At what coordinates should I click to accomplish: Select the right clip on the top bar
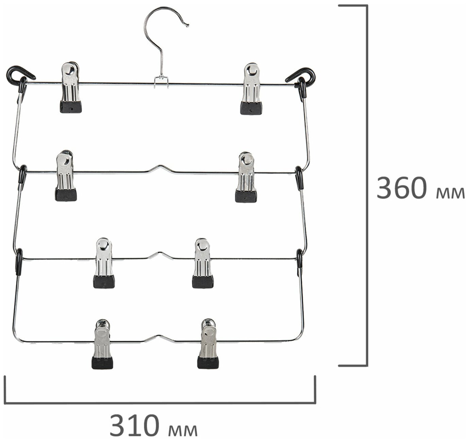pyautogui.click(x=251, y=88)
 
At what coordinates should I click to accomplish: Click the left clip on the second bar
pyautogui.click(x=66, y=176)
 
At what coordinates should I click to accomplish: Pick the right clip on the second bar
pyautogui.click(x=246, y=177)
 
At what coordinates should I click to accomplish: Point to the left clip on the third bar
pyautogui.click(x=104, y=263)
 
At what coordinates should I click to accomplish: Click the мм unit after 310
pyautogui.click(x=183, y=429)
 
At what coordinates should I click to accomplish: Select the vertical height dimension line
pyautogui.click(x=366, y=185)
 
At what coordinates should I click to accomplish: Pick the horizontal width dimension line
pyautogui.click(x=160, y=403)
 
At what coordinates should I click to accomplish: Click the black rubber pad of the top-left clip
pyautogui.click(x=71, y=107)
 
